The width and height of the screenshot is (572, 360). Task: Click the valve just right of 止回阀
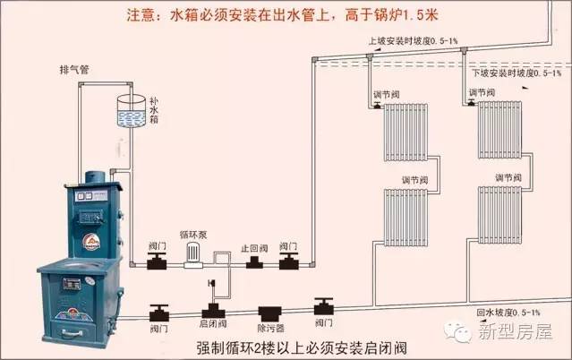point(288,261)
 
